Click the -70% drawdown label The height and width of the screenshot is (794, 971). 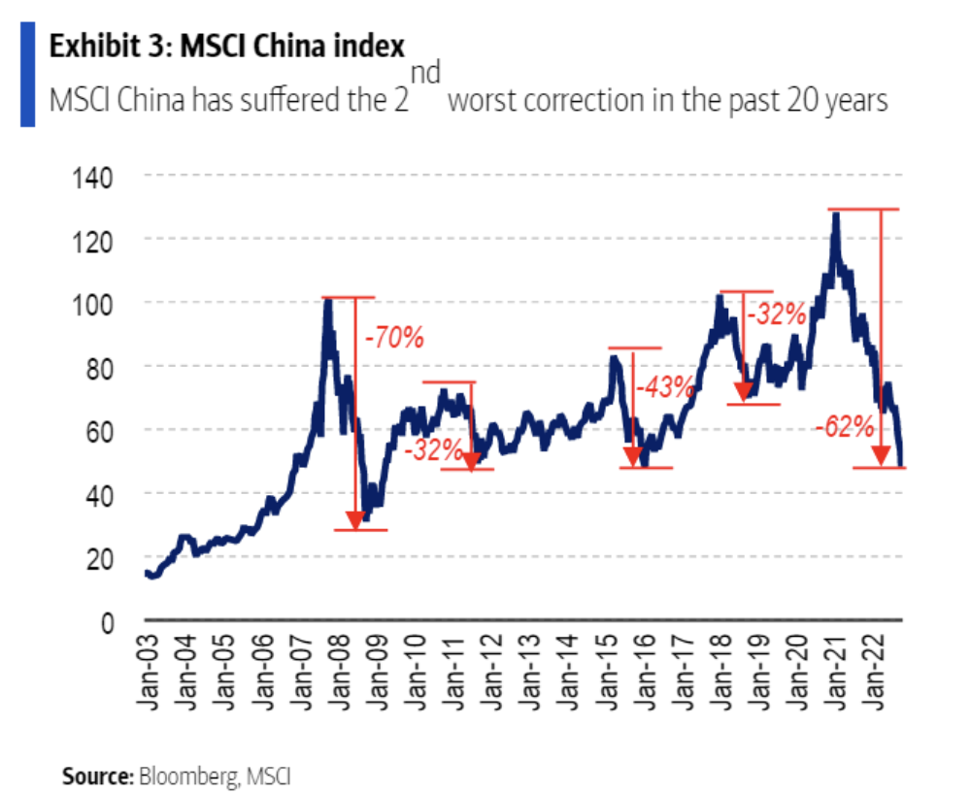tap(393, 340)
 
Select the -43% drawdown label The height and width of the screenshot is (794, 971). tap(665, 386)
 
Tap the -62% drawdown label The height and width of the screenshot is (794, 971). tap(845, 426)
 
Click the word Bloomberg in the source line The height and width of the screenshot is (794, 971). tap(188, 776)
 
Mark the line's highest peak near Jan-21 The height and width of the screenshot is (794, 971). tap(835, 215)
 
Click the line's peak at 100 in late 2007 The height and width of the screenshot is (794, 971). tap(327, 300)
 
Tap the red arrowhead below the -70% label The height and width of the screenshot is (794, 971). tap(355, 519)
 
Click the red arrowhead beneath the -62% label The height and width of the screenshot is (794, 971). tap(881, 455)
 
